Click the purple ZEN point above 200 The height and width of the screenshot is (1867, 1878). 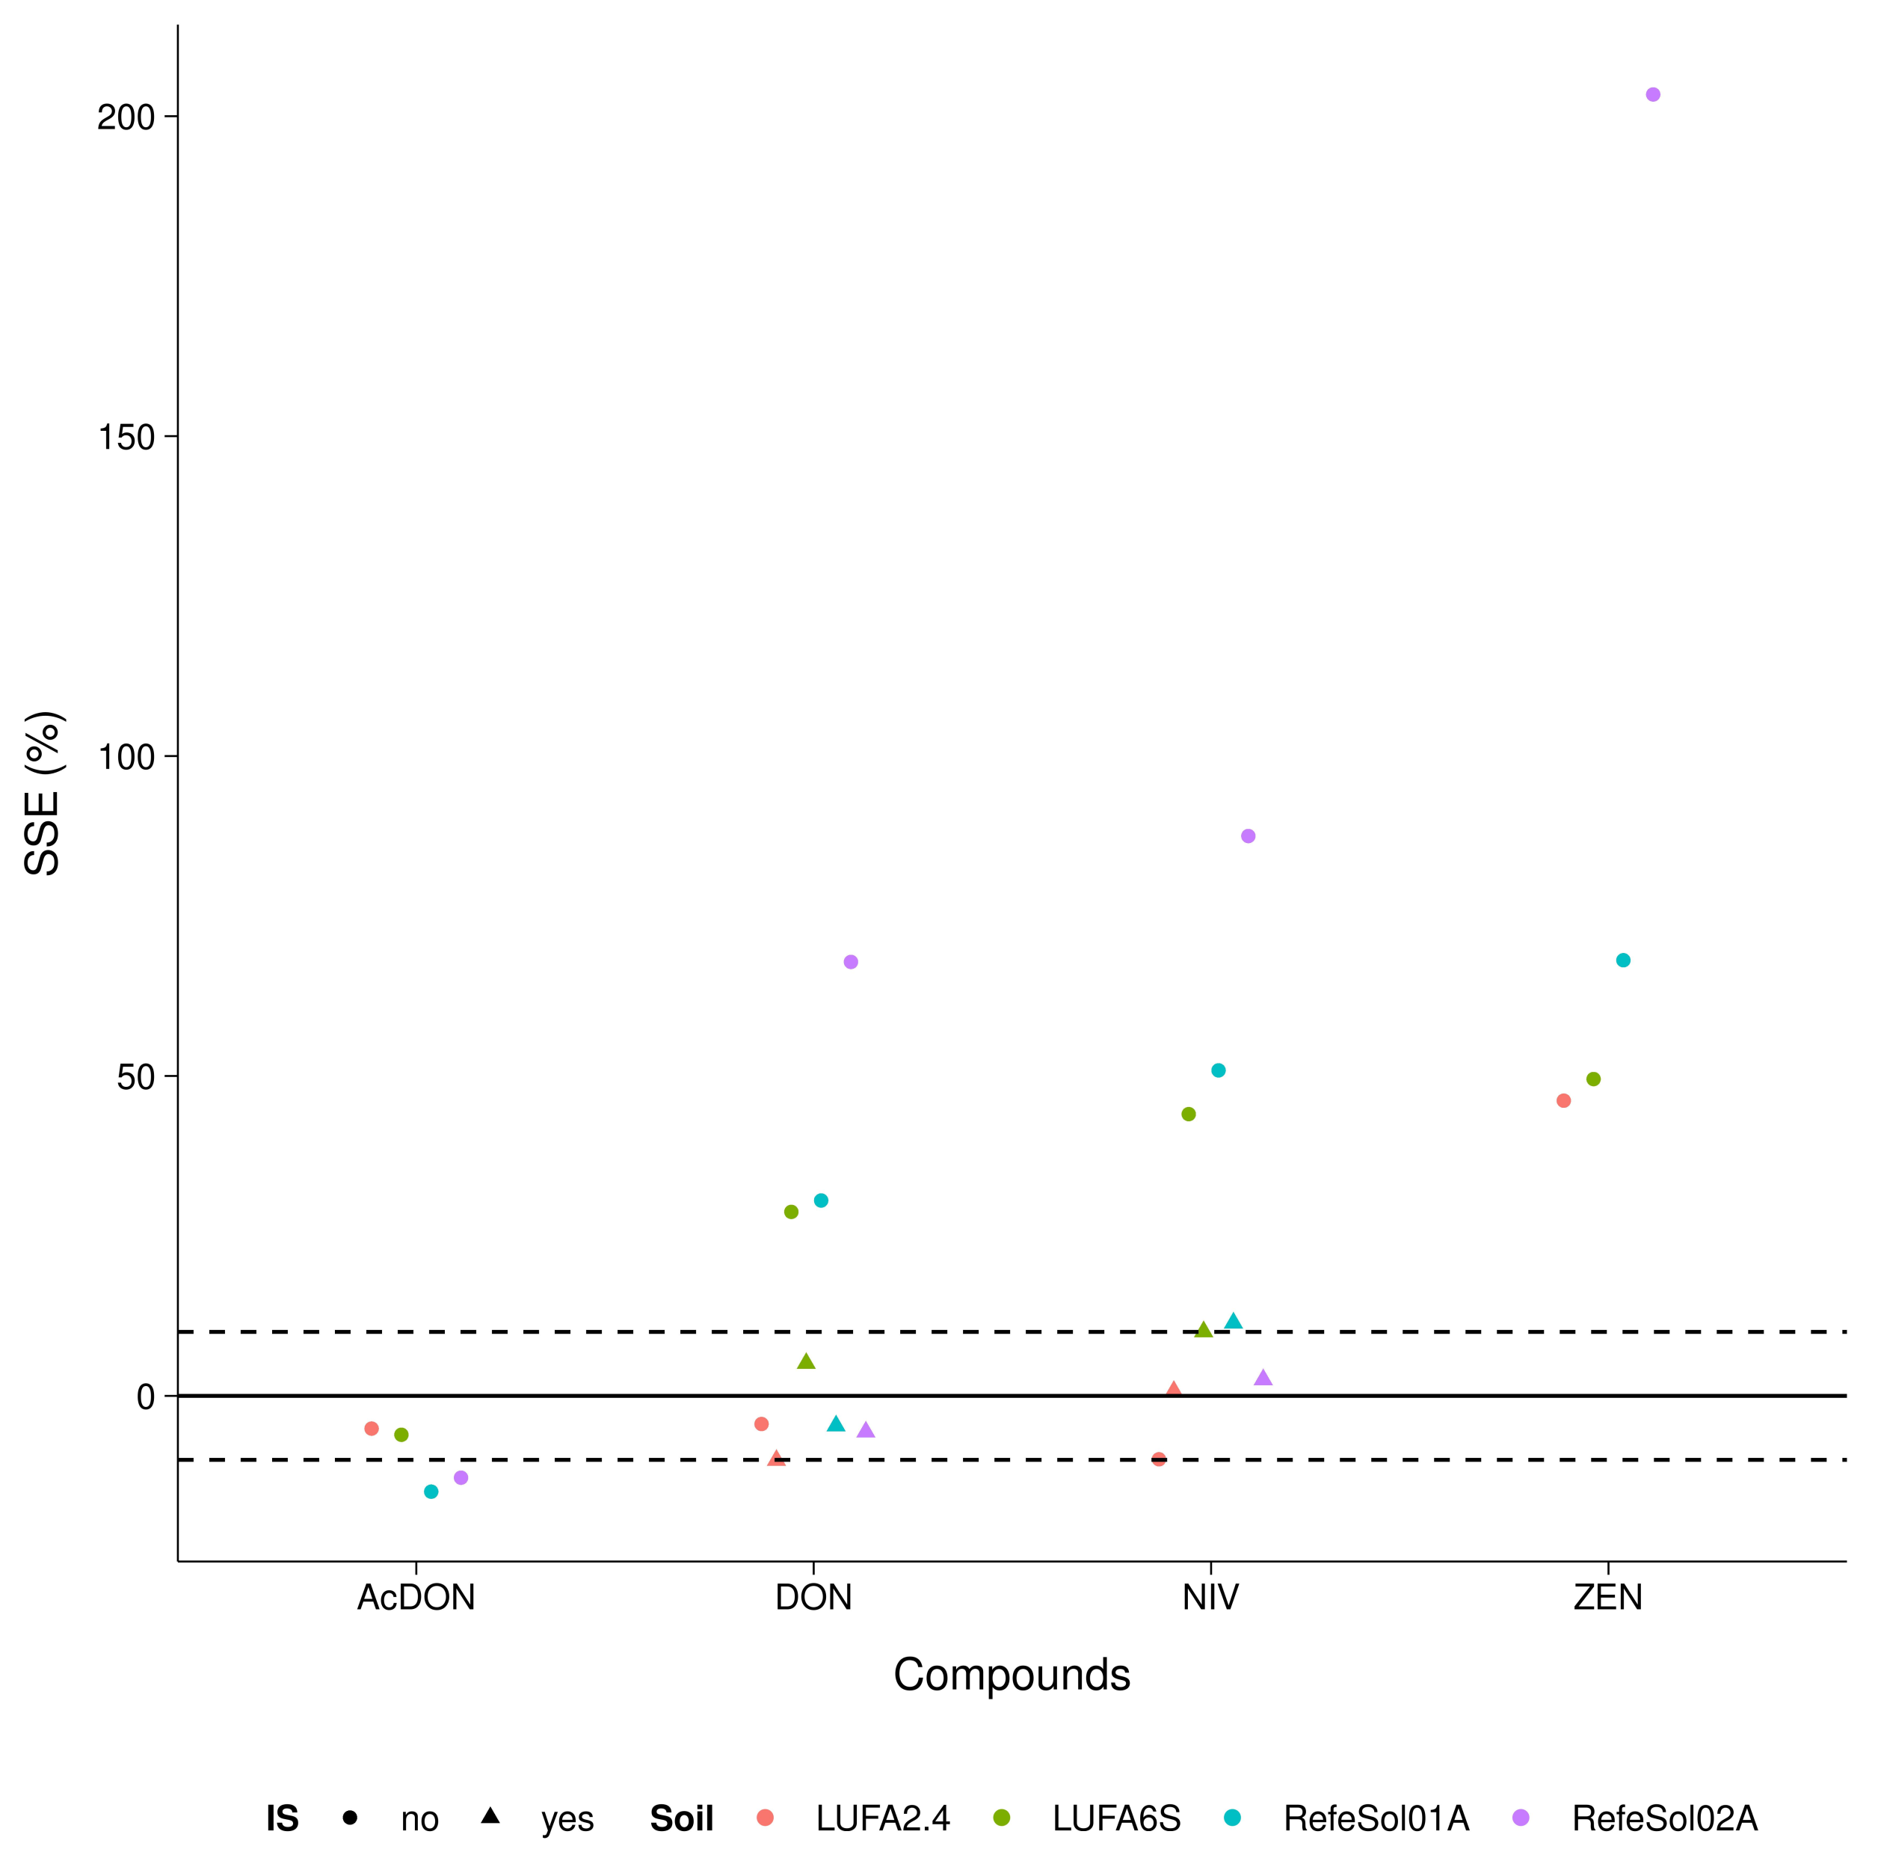[1652, 94]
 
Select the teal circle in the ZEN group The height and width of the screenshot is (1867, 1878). [1623, 960]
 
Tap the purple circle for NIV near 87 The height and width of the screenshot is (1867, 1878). [1248, 836]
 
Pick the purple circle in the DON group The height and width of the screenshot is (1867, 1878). [851, 962]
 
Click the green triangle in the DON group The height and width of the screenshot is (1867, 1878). [806, 1361]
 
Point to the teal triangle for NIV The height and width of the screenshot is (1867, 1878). [1234, 1320]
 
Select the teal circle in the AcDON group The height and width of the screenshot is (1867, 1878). [431, 1492]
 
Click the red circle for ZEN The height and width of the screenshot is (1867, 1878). [1563, 1101]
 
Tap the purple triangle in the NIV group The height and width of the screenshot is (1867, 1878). [1263, 1378]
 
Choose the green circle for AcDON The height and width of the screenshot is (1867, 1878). [401, 1435]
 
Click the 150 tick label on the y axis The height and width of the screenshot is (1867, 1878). [126, 438]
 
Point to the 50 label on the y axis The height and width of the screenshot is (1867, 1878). [136, 1076]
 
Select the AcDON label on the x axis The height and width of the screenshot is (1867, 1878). [416, 1598]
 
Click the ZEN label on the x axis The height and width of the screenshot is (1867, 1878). [1608, 1598]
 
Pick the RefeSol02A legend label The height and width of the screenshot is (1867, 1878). [1664, 1818]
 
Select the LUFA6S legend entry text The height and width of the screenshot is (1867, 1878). [1116, 1818]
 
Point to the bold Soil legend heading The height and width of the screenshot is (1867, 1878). [681, 1818]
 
